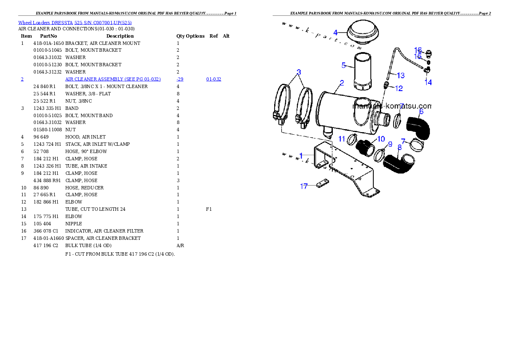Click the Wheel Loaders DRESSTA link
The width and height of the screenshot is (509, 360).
pos(45,23)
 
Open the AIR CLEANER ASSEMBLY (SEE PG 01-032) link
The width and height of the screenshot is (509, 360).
pos(113,79)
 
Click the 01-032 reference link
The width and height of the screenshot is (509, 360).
pos(213,79)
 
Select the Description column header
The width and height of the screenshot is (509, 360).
pos(120,36)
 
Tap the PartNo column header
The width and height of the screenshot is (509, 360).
pos(48,36)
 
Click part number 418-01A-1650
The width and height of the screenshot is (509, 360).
pos(49,43)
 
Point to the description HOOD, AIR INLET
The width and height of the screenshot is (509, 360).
pos(86,137)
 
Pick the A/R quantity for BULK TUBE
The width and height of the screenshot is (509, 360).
pos(180,246)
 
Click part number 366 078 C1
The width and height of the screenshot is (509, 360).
pos(46,231)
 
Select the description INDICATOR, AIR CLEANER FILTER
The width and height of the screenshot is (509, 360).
pos(104,231)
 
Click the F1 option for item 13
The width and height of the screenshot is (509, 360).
pos(209,210)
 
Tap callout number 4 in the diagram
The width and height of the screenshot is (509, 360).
pos(335,32)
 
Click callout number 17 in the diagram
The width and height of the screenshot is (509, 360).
pos(304,186)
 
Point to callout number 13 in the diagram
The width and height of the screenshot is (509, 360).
pos(401,76)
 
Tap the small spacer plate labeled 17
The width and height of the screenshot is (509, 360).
pos(323,183)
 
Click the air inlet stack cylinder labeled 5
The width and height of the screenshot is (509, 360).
pos(362,72)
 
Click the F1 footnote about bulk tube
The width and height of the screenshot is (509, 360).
pos(120,254)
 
